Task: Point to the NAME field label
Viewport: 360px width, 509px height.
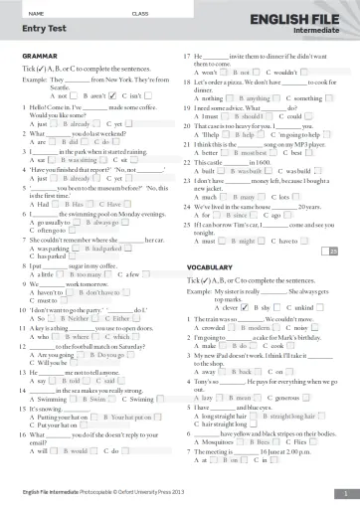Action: click(39, 11)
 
